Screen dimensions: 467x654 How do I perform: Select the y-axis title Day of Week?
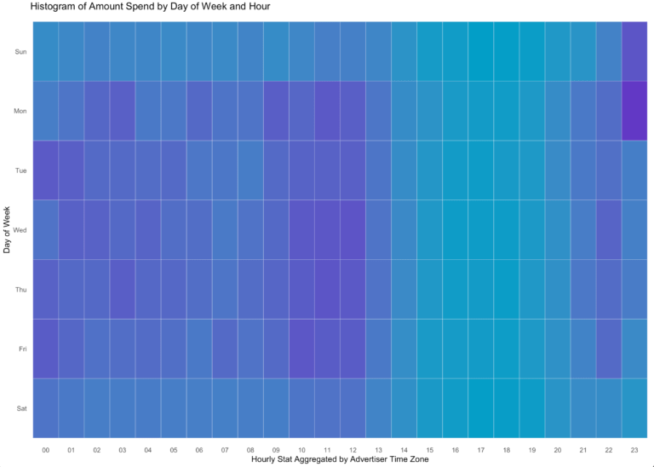pyautogui.click(x=8, y=229)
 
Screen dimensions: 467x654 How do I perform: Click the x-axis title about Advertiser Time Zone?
pyautogui.click(x=340, y=459)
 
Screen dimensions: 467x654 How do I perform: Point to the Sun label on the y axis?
pyautogui.click(x=21, y=52)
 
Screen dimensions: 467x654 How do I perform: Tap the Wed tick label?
pyautogui.click(x=21, y=230)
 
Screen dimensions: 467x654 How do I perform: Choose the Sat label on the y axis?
pyautogui.click(x=21, y=408)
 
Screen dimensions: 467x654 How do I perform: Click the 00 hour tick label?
pyautogui.click(x=46, y=448)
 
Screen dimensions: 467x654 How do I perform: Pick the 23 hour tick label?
pyautogui.click(x=634, y=448)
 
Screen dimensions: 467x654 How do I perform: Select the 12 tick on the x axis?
pyautogui.click(x=353, y=448)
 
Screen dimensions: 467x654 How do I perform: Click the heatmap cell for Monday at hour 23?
pyautogui.click(x=634, y=111)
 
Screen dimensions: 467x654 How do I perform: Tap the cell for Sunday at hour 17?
pyautogui.click(x=480, y=51)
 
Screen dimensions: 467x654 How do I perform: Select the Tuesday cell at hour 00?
pyautogui.click(x=46, y=170)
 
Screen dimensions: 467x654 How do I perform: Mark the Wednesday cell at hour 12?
pyautogui.click(x=353, y=230)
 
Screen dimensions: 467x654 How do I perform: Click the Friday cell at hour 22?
pyautogui.click(x=608, y=349)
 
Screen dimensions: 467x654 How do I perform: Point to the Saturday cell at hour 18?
pyautogui.click(x=506, y=408)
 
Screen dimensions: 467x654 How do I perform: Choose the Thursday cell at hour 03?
pyautogui.click(x=123, y=289)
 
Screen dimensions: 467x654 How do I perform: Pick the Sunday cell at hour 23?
pyautogui.click(x=634, y=51)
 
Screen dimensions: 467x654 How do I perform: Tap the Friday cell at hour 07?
pyautogui.click(x=225, y=349)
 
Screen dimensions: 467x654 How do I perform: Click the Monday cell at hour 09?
pyautogui.click(x=276, y=111)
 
